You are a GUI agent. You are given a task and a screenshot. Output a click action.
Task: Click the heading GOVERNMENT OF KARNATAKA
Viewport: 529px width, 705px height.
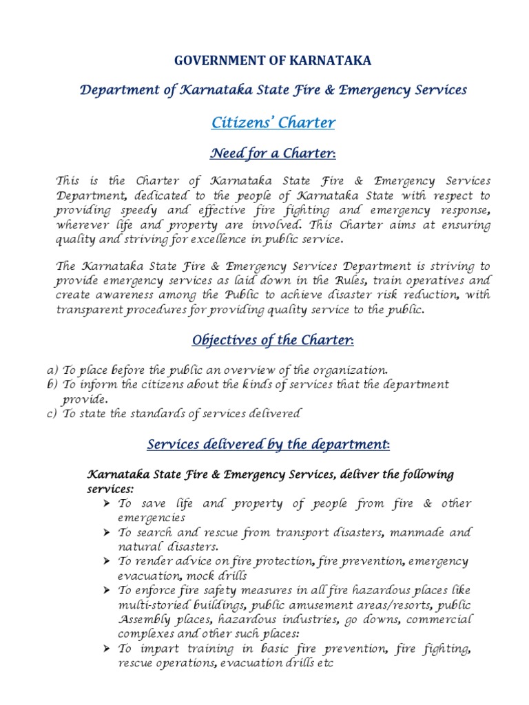click(x=273, y=61)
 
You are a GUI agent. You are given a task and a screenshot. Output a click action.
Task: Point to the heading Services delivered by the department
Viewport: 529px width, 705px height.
click(x=269, y=445)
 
